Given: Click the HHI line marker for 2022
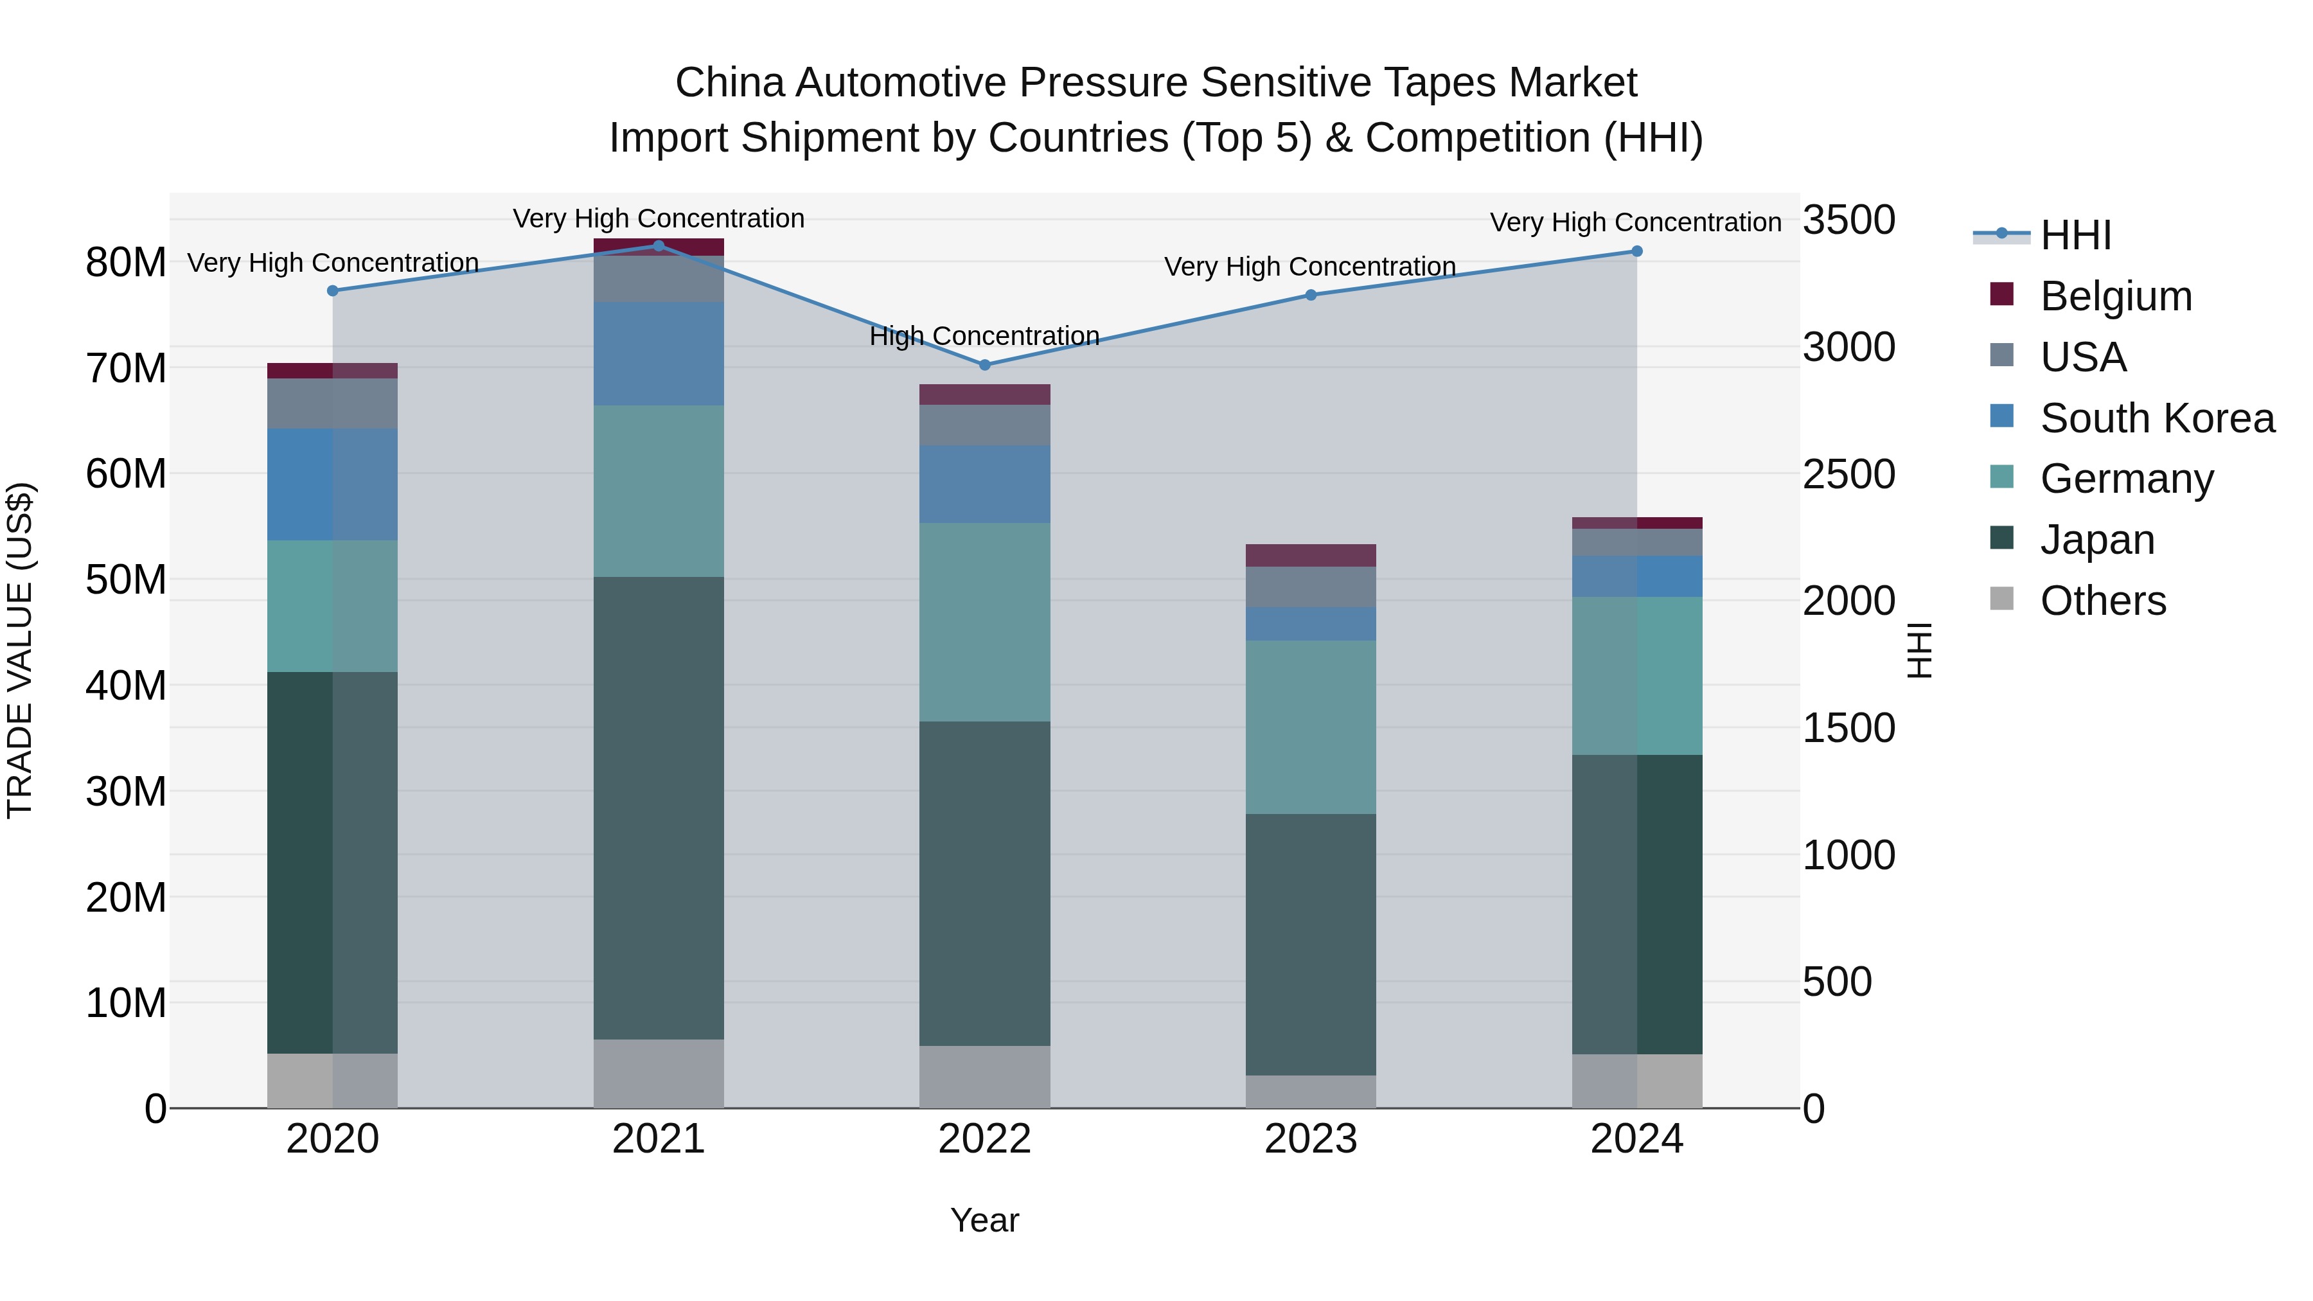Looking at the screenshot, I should (984, 364).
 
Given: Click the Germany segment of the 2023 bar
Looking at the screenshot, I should (1310, 727).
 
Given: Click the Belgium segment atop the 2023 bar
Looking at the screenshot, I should (1310, 555).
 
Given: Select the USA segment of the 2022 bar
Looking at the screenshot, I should (984, 425).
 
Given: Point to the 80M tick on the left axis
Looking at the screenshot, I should (126, 262).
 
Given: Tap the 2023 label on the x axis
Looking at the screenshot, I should (1310, 1139).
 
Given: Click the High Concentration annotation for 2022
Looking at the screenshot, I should (984, 336).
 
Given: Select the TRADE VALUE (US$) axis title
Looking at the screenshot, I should (20, 650).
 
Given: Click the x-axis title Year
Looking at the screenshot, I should (984, 1220).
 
